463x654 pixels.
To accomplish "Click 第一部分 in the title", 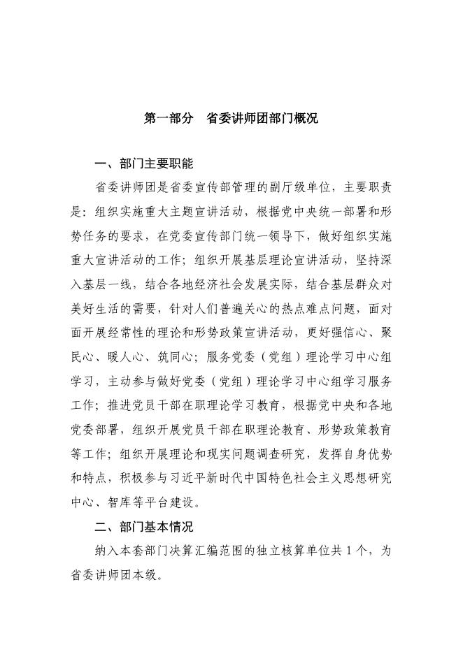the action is click(x=169, y=119).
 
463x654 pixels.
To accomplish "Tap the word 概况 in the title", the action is click(x=304, y=119).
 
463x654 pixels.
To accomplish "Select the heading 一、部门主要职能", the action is click(x=143, y=164).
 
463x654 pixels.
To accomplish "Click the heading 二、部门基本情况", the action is click(x=143, y=526).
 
